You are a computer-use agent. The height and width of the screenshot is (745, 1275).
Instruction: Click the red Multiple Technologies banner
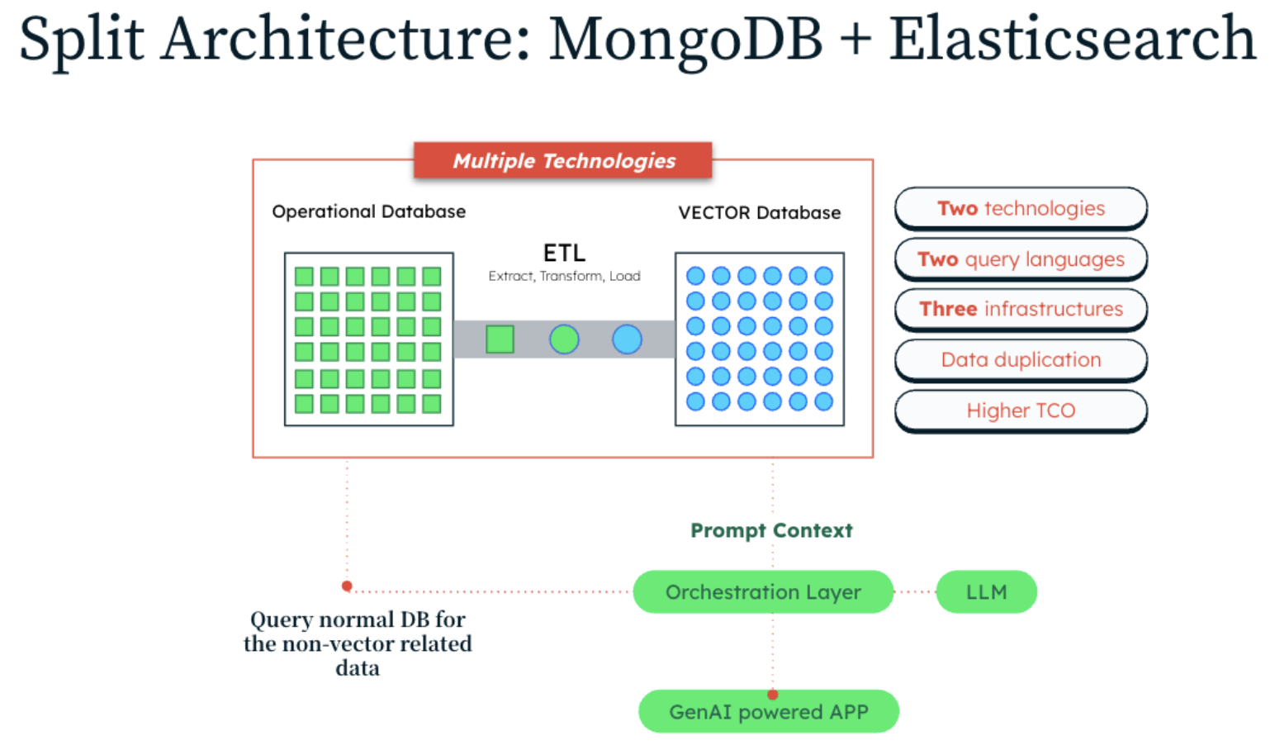coord(563,160)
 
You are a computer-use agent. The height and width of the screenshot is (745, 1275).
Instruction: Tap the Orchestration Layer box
coord(763,592)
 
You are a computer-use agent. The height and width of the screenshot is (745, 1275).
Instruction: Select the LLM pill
coord(986,592)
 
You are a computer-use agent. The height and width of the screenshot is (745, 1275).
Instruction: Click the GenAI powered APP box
coord(768,711)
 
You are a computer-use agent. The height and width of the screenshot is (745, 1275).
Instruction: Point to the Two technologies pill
coord(1021,208)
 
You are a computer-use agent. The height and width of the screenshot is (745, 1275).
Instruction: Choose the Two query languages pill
coord(1021,259)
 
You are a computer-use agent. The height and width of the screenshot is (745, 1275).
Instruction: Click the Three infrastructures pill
coord(1021,309)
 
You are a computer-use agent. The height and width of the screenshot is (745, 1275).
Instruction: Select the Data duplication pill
coord(1021,360)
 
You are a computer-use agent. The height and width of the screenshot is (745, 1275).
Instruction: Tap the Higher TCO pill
coord(1021,410)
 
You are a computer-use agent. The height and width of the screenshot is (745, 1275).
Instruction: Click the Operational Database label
coord(368,211)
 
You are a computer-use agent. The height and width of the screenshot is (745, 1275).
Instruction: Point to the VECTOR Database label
coord(759,213)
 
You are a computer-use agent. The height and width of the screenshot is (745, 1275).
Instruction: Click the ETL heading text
coord(564,253)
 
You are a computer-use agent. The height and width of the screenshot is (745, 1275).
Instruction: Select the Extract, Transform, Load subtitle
coord(564,276)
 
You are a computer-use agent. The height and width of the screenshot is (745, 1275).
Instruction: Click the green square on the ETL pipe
coord(500,339)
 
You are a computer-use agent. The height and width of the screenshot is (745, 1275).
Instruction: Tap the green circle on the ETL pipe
coord(564,339)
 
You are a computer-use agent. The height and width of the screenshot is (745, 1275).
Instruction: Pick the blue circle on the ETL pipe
coord(627,339)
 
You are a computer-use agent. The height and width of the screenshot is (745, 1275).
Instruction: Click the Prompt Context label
coord(771,530)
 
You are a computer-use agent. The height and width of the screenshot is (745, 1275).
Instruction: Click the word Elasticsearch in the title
coord(1072,40)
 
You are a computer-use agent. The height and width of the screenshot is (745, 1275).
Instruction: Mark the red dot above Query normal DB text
coord(347,586)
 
